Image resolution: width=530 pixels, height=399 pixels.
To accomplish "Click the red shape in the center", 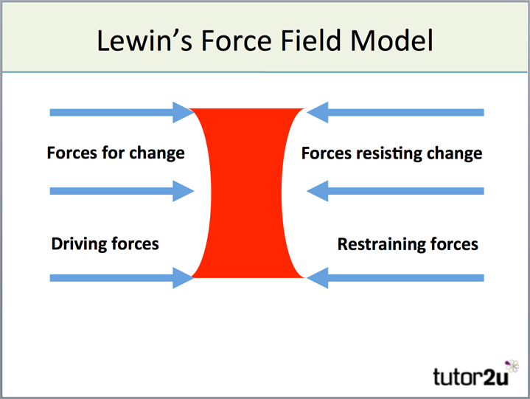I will pos(248,193).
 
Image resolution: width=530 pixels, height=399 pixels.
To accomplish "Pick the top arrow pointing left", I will pos(395,113).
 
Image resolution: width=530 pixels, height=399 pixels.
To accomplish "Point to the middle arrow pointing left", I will pos(395,192).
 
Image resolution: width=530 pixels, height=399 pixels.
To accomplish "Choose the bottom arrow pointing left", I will pos(395,278).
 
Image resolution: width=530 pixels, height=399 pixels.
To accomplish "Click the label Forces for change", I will pos(116,153).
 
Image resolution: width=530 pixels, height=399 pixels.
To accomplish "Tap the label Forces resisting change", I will pos(391,153).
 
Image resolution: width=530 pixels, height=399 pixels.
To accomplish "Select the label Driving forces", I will pos(105,243).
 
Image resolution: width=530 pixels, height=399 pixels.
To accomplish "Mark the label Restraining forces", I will pos(408,243).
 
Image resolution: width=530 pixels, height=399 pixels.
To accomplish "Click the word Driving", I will pos(77,243).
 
